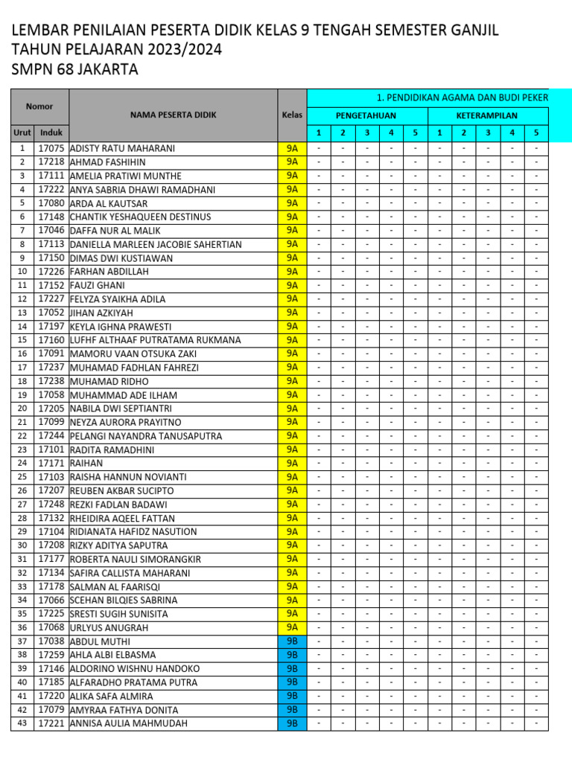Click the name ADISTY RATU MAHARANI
tap(122, 148)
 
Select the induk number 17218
tap(51, 161)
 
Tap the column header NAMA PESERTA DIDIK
tap(173, 115)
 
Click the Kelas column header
tap(292, 115)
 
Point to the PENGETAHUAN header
tap(366, 115)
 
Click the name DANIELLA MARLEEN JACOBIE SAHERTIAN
tap(156, 244)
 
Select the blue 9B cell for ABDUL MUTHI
tap(292, 641)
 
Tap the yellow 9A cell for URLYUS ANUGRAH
tap(292, 627)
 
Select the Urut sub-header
tap(22, 132)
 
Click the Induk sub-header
tap(51, 132)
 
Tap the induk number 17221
tap(51, 723)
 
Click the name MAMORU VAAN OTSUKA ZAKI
tap(133, 353)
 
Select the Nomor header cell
tap(39, 106)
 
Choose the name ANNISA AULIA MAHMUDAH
tap(128, 723)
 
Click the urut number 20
tap(22, 408)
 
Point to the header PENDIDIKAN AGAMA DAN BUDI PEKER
tap(462, 97)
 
